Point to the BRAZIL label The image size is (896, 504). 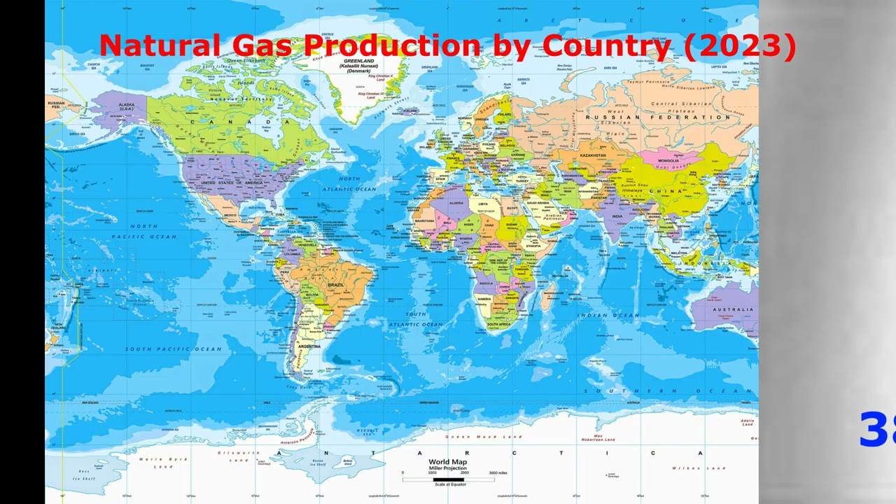(x=336, y=285)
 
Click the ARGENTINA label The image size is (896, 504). (x=309, y=346)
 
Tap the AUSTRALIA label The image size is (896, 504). (x=733, y=309)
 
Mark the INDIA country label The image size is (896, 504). (x=617, y=216)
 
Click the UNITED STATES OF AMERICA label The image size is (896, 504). (x=232, y=183)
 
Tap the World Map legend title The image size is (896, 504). (x=448, y=462)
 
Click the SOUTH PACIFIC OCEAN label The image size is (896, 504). (x=174, y=349)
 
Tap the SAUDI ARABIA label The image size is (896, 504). (x=538, y=202)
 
